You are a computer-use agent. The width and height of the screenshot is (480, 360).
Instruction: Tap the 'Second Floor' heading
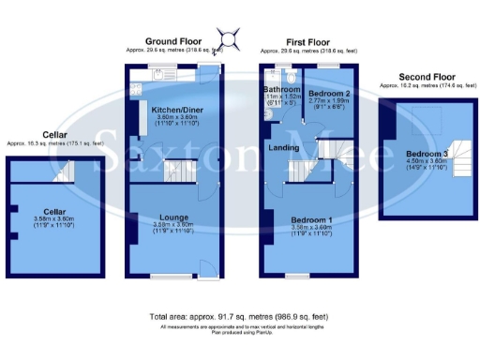pyautogui.click(x=425, y=77)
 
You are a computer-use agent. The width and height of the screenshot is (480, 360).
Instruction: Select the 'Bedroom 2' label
pyautogui.click(x=329, y=94)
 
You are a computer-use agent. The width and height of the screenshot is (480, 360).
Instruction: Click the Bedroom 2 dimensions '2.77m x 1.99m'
pyautogui.click(x=329, y=101)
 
